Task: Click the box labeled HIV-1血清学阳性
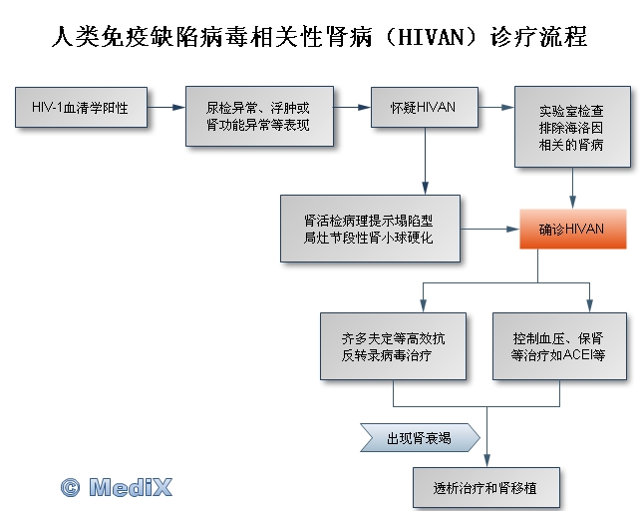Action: point(81,107)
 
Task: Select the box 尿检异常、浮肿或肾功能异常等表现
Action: point(259,116)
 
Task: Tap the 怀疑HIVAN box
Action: point(425,107)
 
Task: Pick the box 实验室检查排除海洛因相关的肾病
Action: point(572,127)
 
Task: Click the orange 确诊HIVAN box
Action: point(573,229)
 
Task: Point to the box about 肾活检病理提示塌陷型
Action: point(370,229)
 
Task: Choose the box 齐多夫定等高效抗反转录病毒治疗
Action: point(393,346)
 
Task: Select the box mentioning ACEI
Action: point(559,346)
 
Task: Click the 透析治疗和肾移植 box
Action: point(486,488)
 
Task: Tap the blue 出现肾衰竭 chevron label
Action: point(420,438)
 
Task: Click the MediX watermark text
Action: point(131,487)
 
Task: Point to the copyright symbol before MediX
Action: point(70,487)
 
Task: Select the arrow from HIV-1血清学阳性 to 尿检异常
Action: point(166,107)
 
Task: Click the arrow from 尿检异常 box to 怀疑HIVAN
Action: point(352,107)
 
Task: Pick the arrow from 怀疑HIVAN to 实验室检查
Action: point(496,107)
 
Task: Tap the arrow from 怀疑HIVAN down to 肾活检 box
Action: point(426,161)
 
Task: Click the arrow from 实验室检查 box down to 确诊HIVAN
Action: point(572,189)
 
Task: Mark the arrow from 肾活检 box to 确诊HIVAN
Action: point(489,229)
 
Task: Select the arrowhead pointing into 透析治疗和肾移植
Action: point(486,461)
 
